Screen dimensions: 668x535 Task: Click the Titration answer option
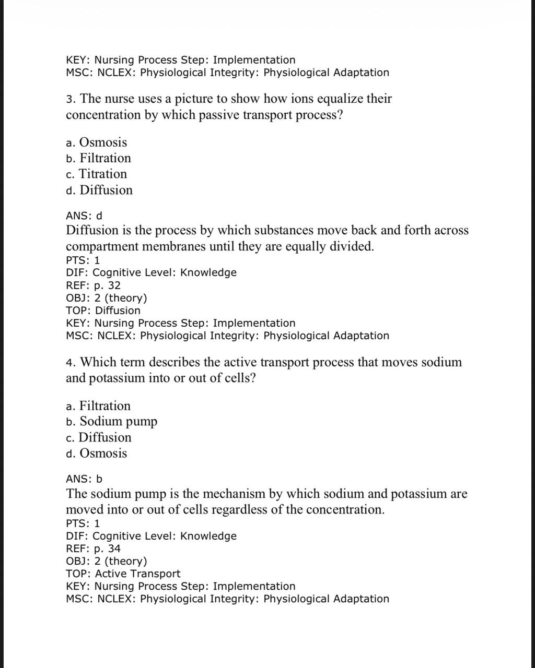[102, 174]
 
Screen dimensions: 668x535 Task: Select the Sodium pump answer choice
[118, 422]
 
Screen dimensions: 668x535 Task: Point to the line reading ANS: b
[84, 479]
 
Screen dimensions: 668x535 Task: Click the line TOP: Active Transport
[123, 574]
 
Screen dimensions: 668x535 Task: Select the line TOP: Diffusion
[103, 311]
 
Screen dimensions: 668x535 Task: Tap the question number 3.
[69, 99]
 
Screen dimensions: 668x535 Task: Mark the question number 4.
[69, 363]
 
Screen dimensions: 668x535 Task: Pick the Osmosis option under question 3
[103, 142]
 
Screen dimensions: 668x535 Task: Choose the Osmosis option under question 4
[103, 454]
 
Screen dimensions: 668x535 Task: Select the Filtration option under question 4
[104, 406]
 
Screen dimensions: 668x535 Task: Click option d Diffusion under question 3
[106, 190]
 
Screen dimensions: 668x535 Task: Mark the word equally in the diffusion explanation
[304, 246]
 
